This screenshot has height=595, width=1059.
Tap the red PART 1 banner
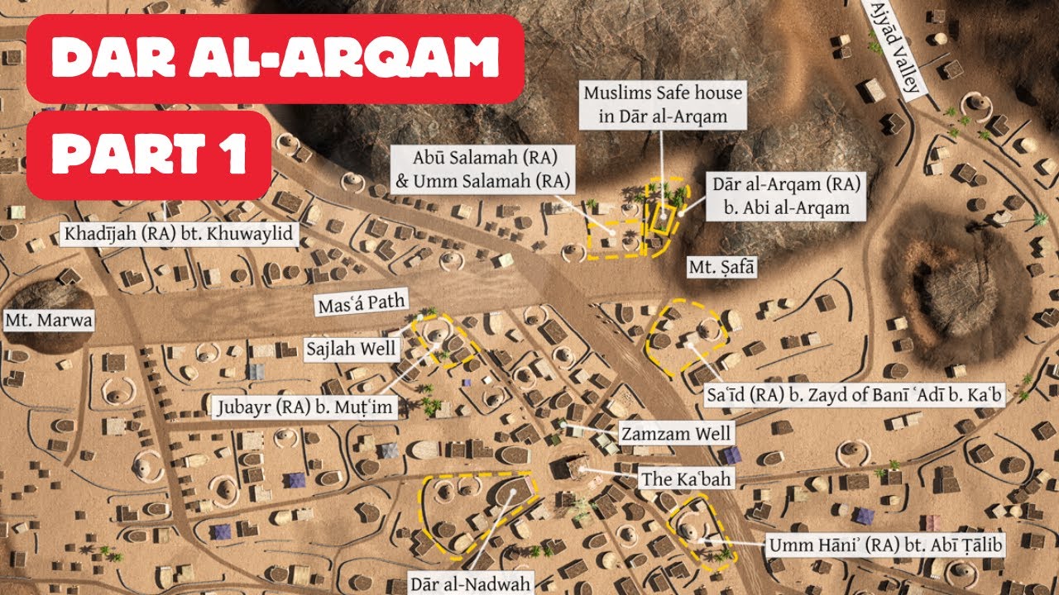(149, 155)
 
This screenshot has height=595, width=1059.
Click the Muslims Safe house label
(663, 104)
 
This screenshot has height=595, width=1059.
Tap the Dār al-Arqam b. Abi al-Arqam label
(787, 195)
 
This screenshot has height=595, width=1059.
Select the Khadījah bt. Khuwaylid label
(178, 235)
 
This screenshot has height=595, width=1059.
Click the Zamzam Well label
(675, 433)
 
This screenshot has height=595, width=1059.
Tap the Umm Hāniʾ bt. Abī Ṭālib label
(883, 545)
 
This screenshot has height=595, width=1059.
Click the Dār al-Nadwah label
(471, 583)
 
